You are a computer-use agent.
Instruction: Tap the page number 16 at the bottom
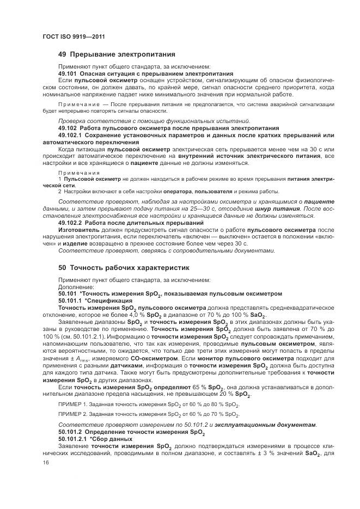coord(45,463)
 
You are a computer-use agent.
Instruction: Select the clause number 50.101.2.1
coord(71,439)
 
